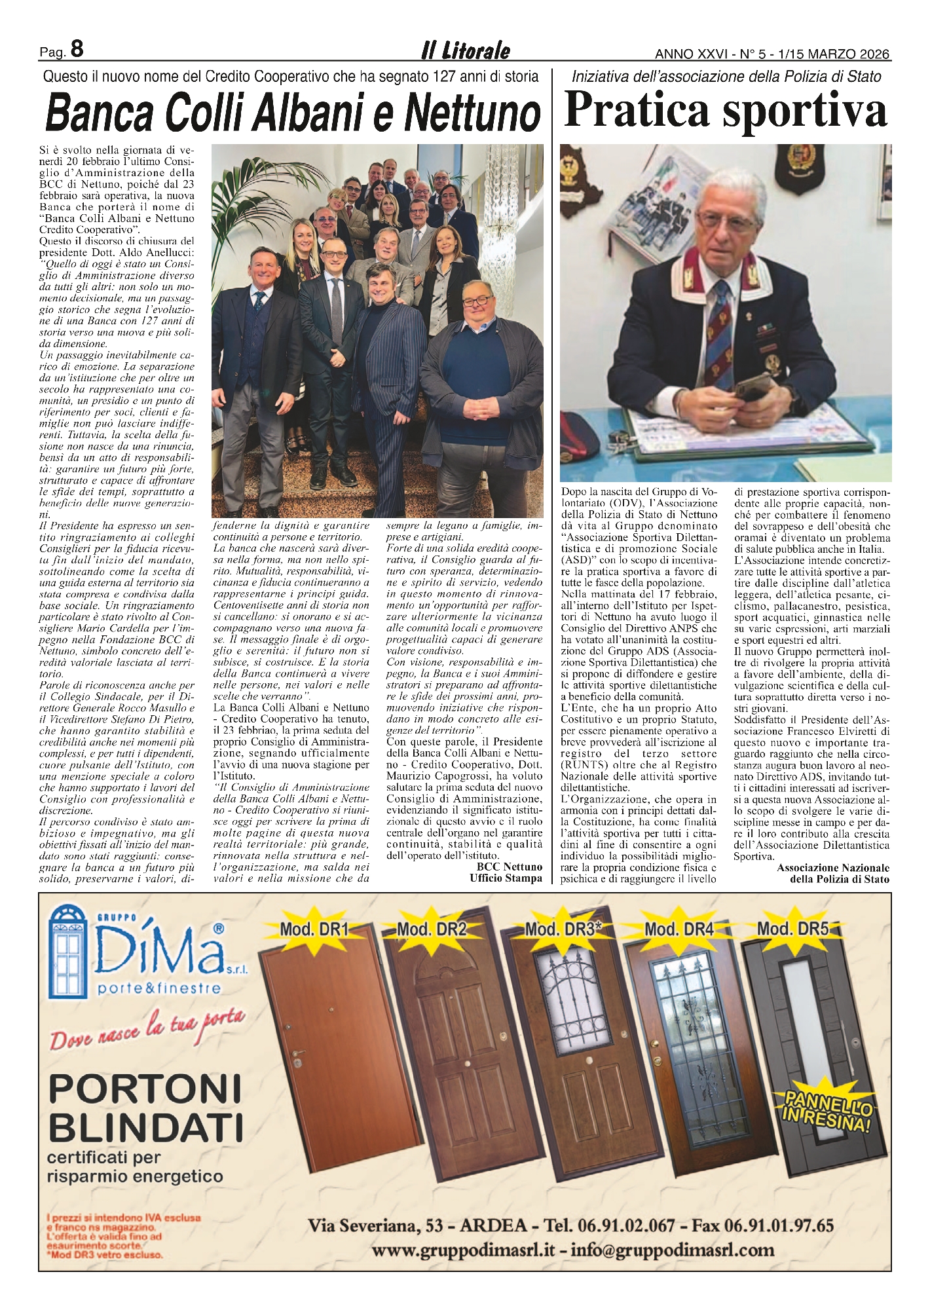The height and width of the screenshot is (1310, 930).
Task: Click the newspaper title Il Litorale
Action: click(465, 50)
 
